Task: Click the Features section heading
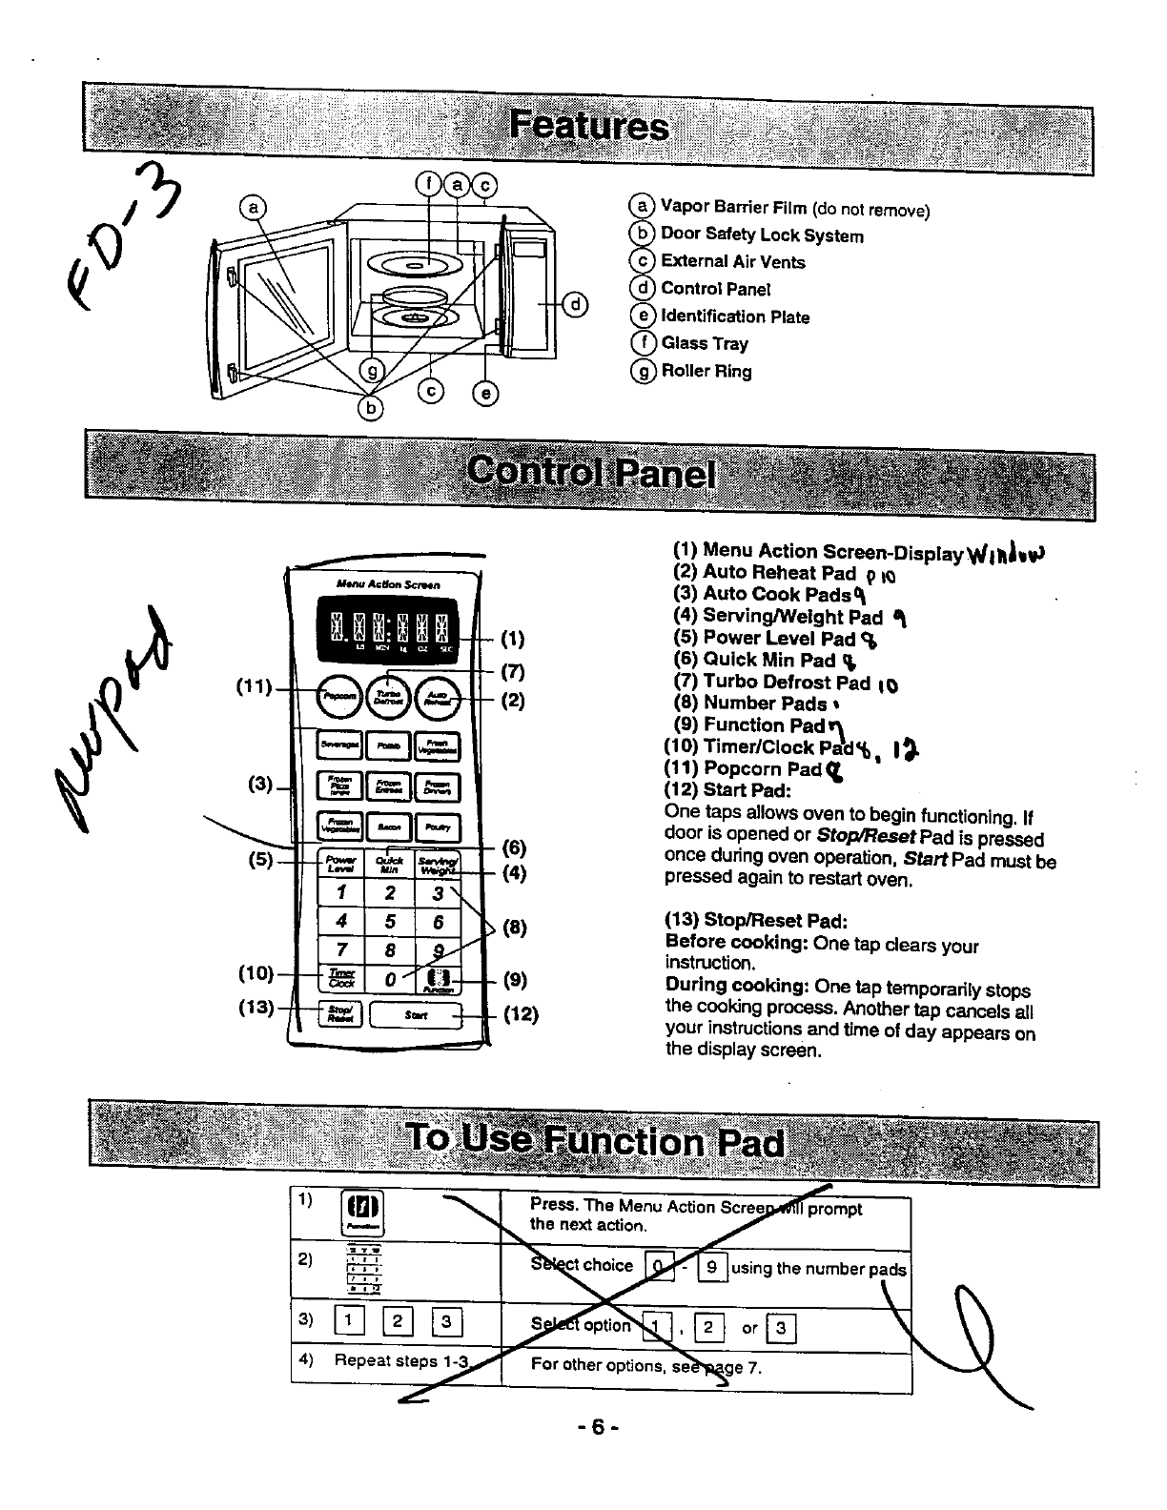(x=588, y=128)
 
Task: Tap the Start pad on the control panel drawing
(x=415, y=1015)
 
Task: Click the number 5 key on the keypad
(x=390, y=922)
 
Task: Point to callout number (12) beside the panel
(x=521, y=1014)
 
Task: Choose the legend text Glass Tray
(x=705, y=344)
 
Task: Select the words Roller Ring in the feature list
(x=706, y=372)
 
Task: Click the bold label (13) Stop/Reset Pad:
(x=755, y=921)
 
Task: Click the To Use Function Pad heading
(x=593, y=1141)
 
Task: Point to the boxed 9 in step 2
(x=711, y=1268)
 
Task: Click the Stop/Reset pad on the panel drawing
(x=338, y=1014)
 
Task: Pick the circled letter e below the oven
(x=485, y=392)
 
